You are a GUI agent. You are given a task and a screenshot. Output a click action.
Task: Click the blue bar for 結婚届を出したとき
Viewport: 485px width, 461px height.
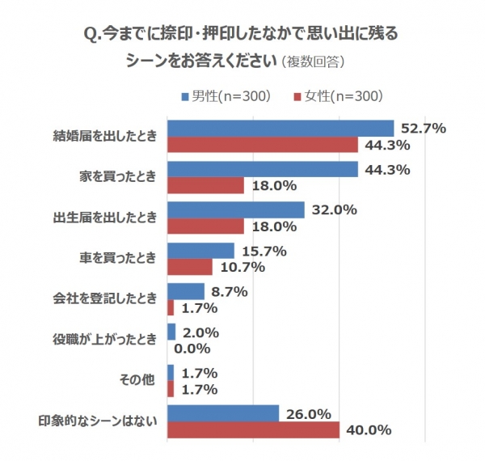pos(280,129)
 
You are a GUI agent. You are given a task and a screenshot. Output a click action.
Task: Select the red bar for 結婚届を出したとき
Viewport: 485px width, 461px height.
pos(262,145)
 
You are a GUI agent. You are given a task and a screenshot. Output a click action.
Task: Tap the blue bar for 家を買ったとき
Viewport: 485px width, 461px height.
pos(262,169)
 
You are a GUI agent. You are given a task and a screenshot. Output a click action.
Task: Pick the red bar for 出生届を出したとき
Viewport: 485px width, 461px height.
pos(205,226)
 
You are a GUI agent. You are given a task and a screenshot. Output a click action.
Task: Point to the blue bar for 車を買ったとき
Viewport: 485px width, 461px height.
pos(200,251)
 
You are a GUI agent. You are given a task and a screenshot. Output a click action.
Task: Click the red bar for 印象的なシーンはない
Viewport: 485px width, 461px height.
pos(253,429)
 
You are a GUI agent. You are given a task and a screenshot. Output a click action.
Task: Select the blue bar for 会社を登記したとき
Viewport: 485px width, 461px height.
pos(185,291)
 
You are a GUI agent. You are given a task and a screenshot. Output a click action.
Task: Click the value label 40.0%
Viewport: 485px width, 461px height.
pos(367,429)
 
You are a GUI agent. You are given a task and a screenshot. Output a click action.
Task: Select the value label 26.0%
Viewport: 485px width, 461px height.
pos(306,413)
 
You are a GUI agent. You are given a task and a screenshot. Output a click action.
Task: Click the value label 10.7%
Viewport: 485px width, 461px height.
pos(239,267)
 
